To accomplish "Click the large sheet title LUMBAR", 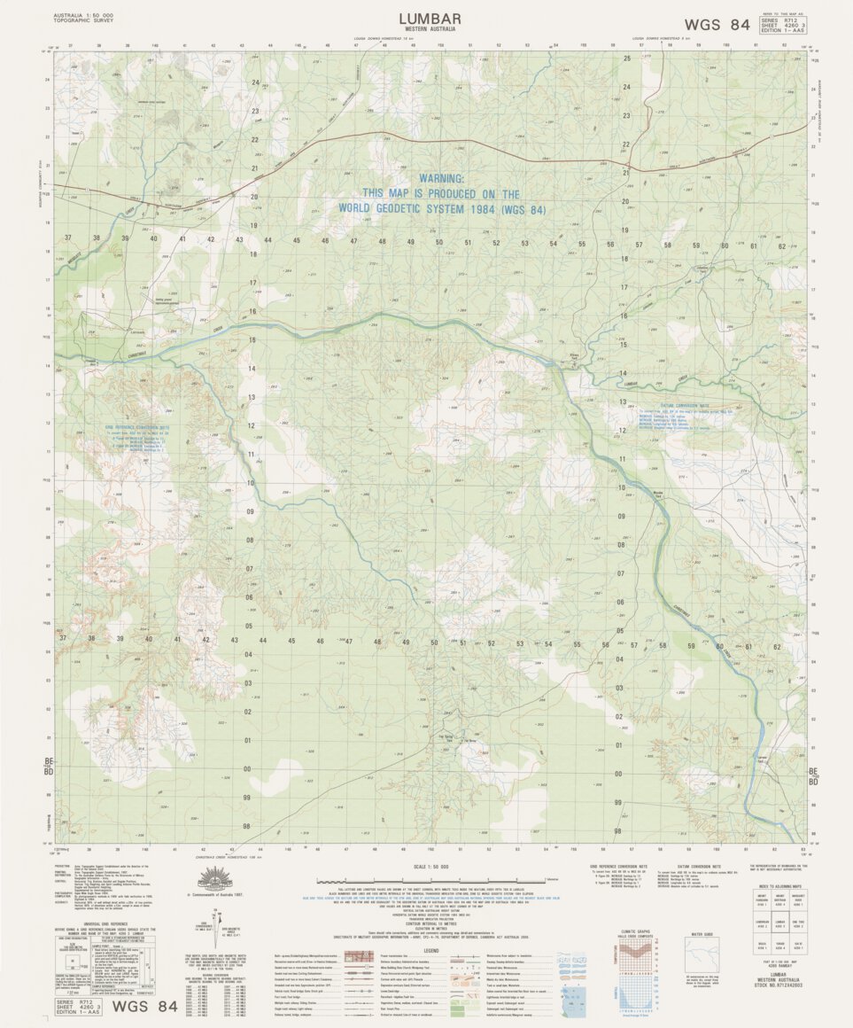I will click(429, 18).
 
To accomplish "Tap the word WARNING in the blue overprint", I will click(441, 178).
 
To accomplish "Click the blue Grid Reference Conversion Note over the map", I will click(136, 428).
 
